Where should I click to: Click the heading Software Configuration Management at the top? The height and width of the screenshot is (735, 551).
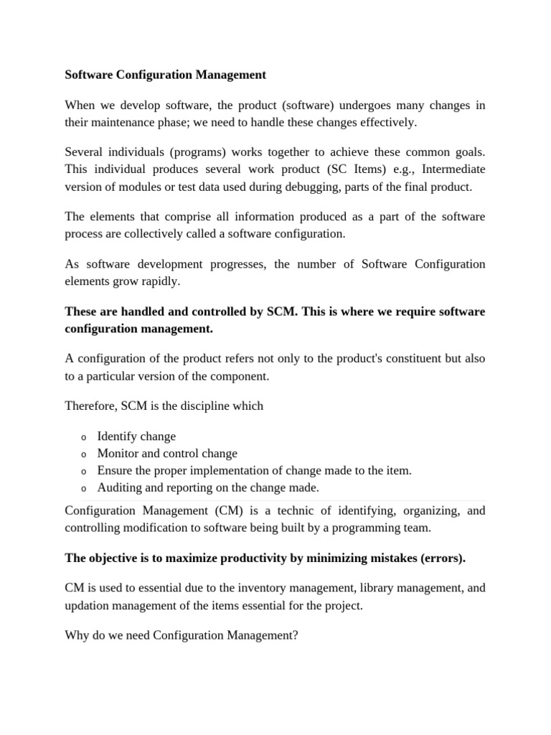click(x=165, y=75)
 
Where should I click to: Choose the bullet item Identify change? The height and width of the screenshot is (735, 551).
click(x=136, y=436)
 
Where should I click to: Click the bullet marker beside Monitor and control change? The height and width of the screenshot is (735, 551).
click(x=83, y=454)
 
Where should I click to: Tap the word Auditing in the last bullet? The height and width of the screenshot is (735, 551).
click(x=120, y=488)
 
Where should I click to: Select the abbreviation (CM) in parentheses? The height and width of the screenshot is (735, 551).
click(x=209, y=512)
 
